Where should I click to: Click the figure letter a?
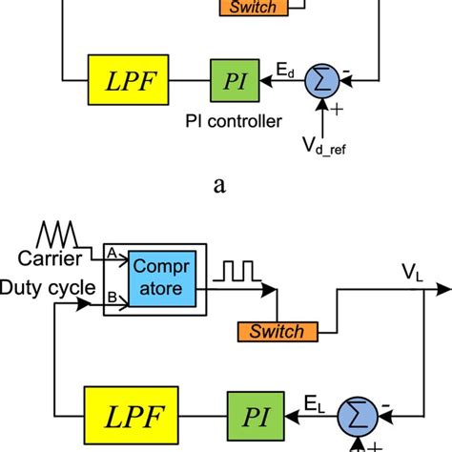220,187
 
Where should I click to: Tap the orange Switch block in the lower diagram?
277,333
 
